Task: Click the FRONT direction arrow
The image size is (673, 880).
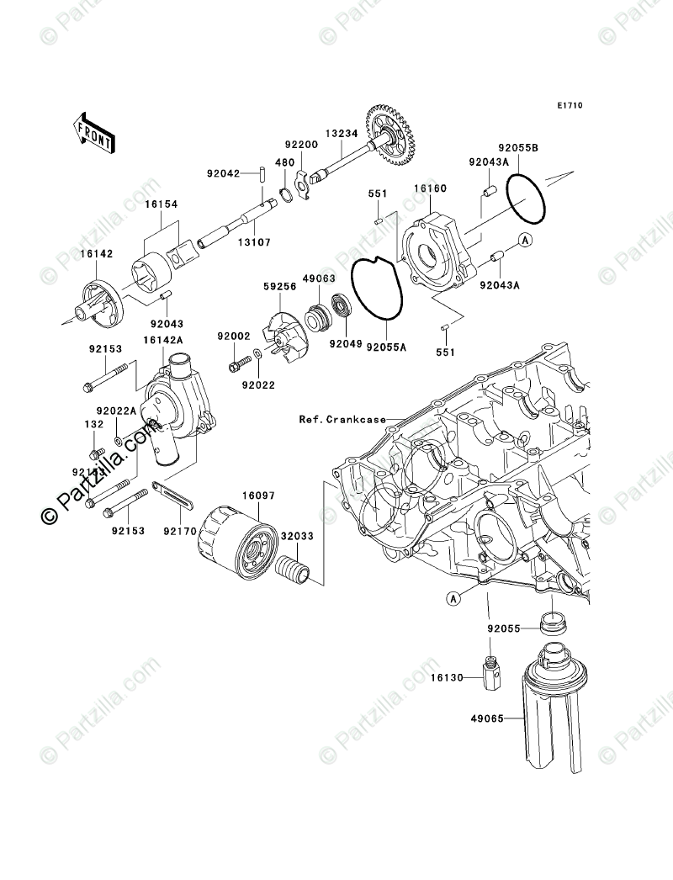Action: pyautogui.click(x=93, y=131)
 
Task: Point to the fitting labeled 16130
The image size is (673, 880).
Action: pyautogui.click(x=490, y=675)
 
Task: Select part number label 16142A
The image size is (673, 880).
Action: pyautogui.click(x=160, y=340)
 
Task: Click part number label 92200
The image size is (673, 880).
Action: pyautogui.click(x=299, y=145)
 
